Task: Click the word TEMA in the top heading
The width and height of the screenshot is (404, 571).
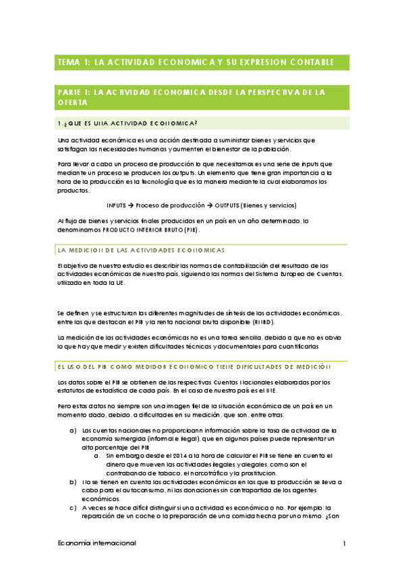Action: (68, 63)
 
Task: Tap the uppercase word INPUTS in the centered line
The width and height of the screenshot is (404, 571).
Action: (118, 205)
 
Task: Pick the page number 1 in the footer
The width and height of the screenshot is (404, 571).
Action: (344, 543)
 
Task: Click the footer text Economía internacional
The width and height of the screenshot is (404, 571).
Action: (97, 543)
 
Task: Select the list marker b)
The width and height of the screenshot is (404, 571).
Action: (73, 483)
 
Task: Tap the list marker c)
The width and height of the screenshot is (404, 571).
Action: (73, 508)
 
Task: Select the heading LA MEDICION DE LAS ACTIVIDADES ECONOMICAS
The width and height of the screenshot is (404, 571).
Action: (141, 249)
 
